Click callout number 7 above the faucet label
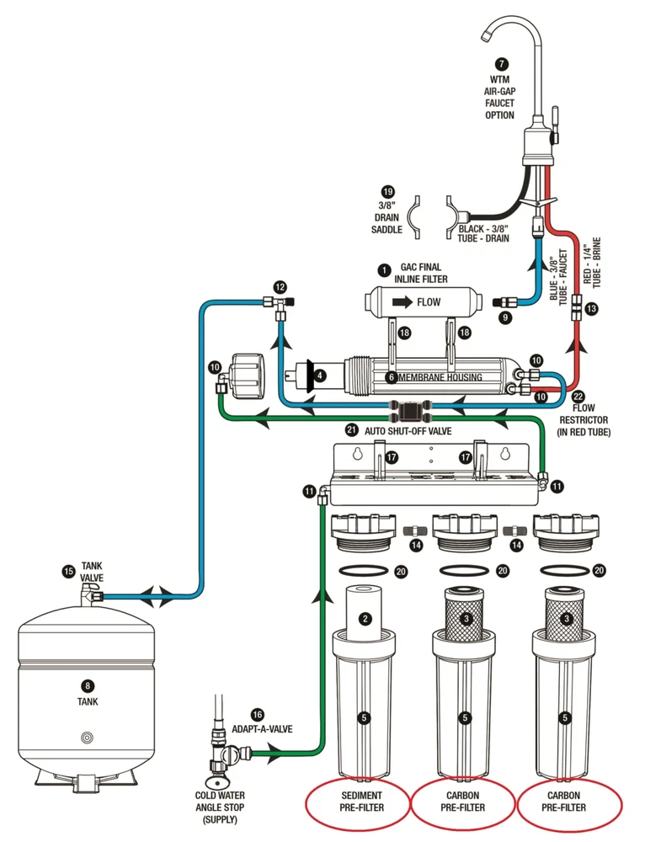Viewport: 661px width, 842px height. point(503,64)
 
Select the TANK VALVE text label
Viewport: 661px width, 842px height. point(93,573)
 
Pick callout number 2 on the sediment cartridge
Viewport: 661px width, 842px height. point(365,619)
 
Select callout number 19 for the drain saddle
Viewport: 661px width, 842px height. point(386,191)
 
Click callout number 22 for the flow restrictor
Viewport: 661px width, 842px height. point(577,397)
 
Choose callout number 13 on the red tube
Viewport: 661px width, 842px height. point(591,309)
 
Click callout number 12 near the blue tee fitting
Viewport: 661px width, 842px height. point(280,286)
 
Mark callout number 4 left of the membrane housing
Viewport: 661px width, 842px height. point(321,375)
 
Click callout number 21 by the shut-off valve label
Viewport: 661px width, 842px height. point(352,430)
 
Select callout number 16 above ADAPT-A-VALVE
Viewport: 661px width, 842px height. point(258,714)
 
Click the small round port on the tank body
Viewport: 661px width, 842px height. point(87,737)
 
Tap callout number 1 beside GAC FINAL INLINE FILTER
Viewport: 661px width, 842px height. point(385,269)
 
